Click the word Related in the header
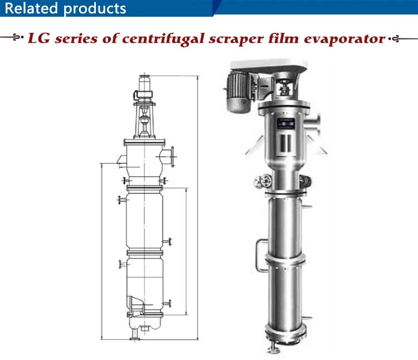pyautogui.click(x=31, y=8)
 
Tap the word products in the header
pyautogui.click(x=95, y=9)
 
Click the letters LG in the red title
pyautogui.click(x=39, y=38)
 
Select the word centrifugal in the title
pyautogui.click(x=163, y=39)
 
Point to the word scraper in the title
pyautogui.click(x=236, y=40)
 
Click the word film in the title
pyautogui.click(x=283, y=38)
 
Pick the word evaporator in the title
pyautogui.click(x=344, y=39)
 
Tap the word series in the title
pyautogui.click(x=76, y=38)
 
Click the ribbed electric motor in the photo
pyautogui.click(x=238, y=92)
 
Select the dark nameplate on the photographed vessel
pyautogui.click(x=286, y=123)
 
